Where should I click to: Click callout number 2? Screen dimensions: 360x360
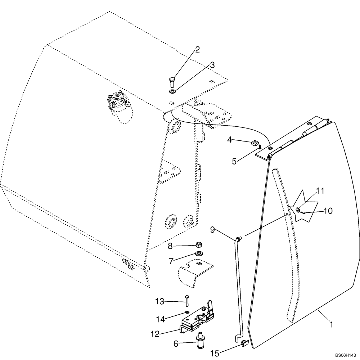(x=197, y=50)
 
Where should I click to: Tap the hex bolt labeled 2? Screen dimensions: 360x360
(x=171, y=82)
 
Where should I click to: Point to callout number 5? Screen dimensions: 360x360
(x=234, y=161)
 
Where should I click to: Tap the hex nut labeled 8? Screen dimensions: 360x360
(x=198, y=245)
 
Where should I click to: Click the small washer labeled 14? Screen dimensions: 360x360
(x=187, y=312)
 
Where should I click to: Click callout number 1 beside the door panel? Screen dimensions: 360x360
(x=331, y=325)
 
